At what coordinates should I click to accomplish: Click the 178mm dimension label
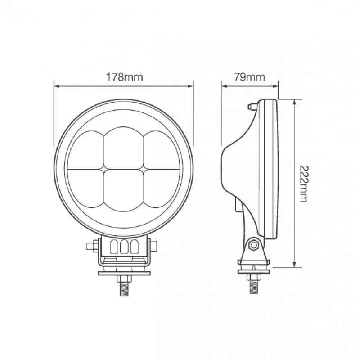coord(124,77)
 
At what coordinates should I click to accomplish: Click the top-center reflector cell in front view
coord(124,146)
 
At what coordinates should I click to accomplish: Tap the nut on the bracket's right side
coord(155,247)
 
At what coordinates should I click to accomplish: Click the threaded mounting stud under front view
coord(124,286)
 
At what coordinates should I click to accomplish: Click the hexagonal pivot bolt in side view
coord(253,246)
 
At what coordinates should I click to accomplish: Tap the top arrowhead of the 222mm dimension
coord(294,101)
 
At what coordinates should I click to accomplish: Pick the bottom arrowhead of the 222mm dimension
coord(294,266)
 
